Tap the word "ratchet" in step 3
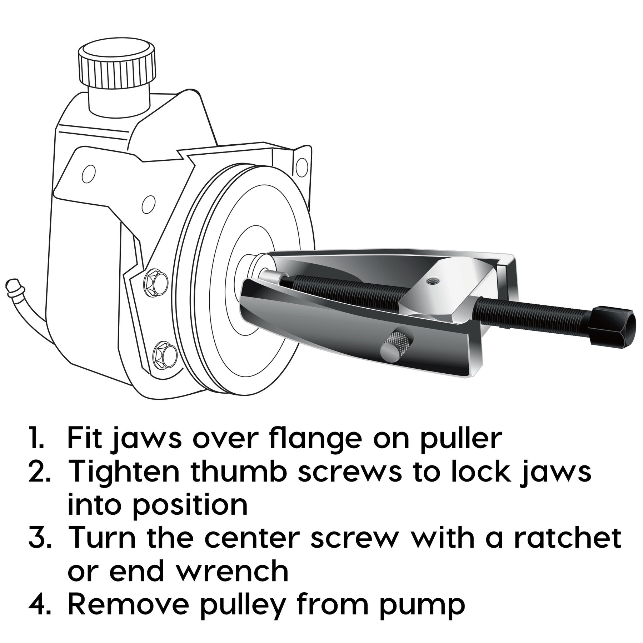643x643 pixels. coord(568,538)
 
